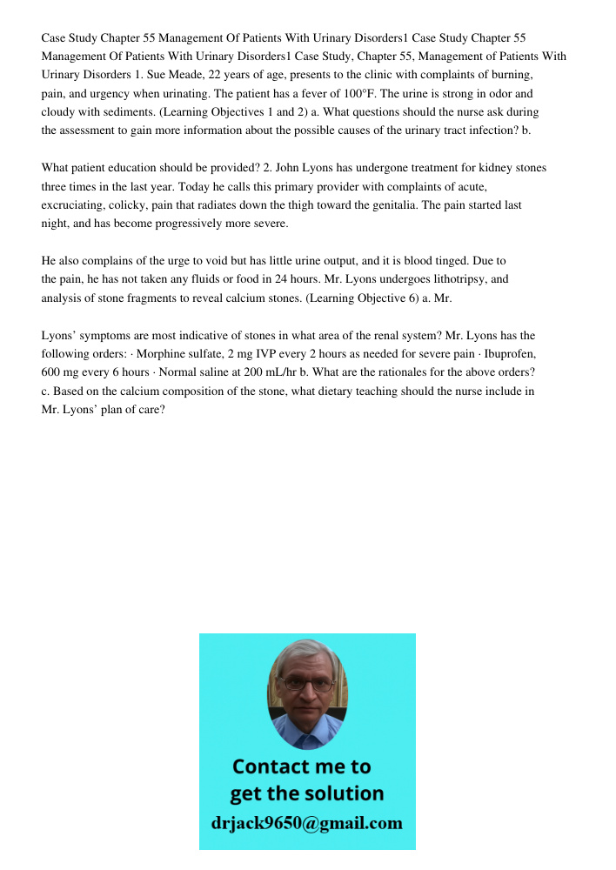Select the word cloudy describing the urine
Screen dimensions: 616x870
pos(59,112)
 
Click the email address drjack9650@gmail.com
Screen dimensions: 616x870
pos(307,823)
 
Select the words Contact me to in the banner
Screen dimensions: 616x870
pos(302,766)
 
